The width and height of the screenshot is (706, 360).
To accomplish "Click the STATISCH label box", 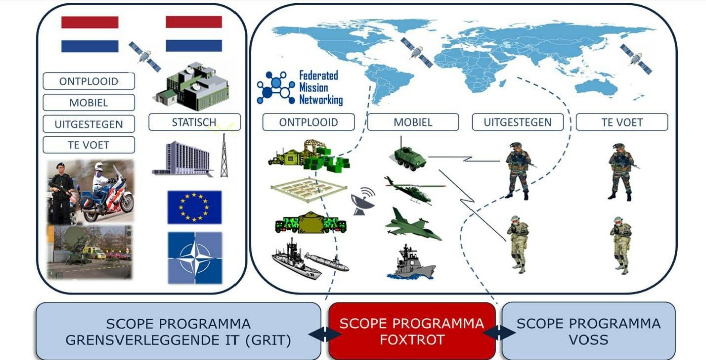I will pyautogui.click(x=194, y=122).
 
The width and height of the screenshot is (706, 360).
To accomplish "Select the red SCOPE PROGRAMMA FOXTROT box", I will pyautogui.click(x=412, y=331).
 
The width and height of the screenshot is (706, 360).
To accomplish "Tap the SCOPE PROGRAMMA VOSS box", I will pyautogui.click(x=589, y=331).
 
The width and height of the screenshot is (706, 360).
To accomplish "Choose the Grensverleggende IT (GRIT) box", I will pyautogui.click(x=178, y=331).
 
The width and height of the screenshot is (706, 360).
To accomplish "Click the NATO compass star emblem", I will pyautogui.click(x=195, y=258).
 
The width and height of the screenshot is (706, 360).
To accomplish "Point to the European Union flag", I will pyautogui.click(x=195, y=207).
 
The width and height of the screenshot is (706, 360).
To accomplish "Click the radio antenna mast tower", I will pyautogui.click(x=224, y=154).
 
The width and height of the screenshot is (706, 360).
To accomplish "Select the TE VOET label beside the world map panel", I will pyautogui.click(x=622, y=122).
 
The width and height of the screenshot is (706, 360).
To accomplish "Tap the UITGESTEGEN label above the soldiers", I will pyautogui.click(x=517, y=122).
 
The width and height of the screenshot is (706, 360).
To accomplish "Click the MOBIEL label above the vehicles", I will pyautogui.click(x=413, y=122).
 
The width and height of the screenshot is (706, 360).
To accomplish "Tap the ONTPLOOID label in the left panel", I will pyautogui.click(x=89, y=81).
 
